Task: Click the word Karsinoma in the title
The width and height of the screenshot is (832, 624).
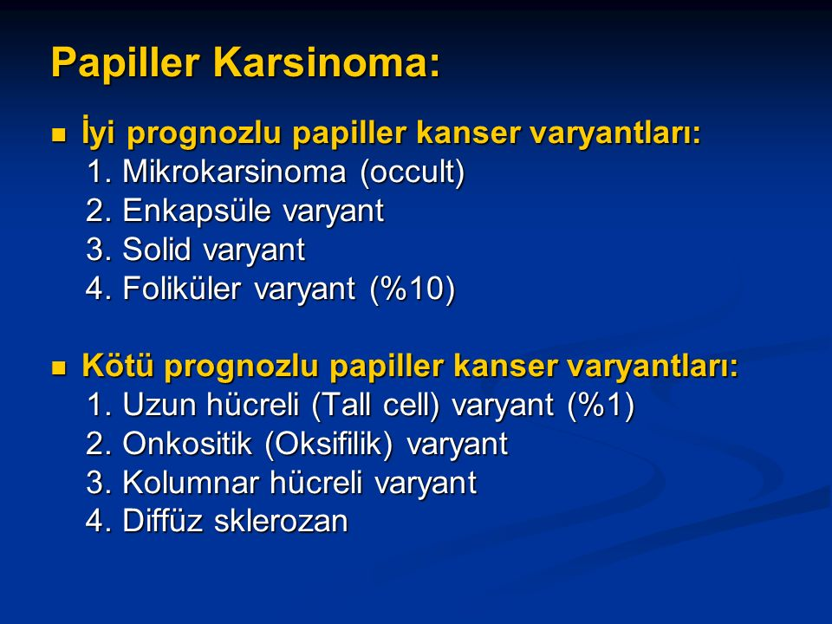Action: point(327,62)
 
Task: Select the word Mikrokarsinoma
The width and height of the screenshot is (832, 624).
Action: point(234,172)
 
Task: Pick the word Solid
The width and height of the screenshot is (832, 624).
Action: point(156,250)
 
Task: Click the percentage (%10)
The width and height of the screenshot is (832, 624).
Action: point(413,289)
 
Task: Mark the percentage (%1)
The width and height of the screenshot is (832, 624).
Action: point(601,406)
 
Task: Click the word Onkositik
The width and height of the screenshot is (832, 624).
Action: point(187,444)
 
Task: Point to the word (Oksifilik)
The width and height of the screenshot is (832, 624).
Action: point(328,445)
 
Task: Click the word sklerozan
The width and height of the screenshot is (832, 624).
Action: point(281,521)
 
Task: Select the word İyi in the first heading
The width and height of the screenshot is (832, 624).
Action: point(98,131)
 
